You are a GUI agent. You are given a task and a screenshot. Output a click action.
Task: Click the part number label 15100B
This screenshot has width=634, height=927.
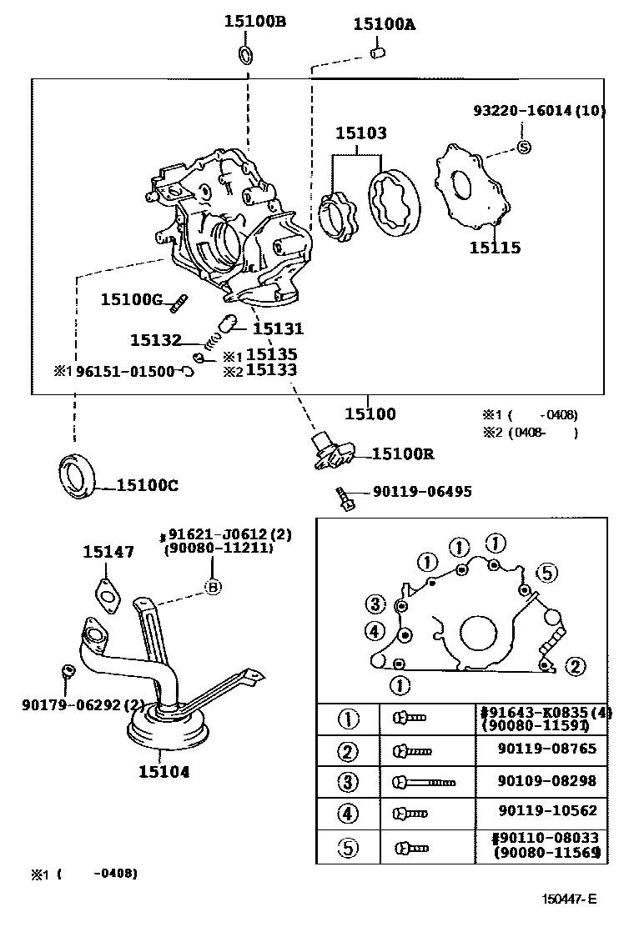point(254,22)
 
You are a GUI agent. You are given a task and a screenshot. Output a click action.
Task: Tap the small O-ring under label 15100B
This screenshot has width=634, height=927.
point(247,56)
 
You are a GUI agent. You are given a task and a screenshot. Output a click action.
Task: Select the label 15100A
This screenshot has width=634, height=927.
point(384,24)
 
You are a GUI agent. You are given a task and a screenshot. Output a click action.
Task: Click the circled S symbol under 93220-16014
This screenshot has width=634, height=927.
point(524,147)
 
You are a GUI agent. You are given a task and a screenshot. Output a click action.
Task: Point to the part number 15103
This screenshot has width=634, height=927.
point(361,133)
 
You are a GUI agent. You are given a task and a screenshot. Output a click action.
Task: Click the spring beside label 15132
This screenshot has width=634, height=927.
point(214,338)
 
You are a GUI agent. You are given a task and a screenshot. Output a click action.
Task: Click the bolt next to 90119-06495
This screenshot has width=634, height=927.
point(345,498)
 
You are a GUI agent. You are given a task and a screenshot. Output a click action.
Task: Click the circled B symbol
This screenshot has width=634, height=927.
point(213,587)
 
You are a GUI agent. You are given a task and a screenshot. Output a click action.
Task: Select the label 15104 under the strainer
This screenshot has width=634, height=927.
point(164,772)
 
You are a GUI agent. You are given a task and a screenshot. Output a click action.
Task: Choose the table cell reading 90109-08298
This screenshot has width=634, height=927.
point(546,781)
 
